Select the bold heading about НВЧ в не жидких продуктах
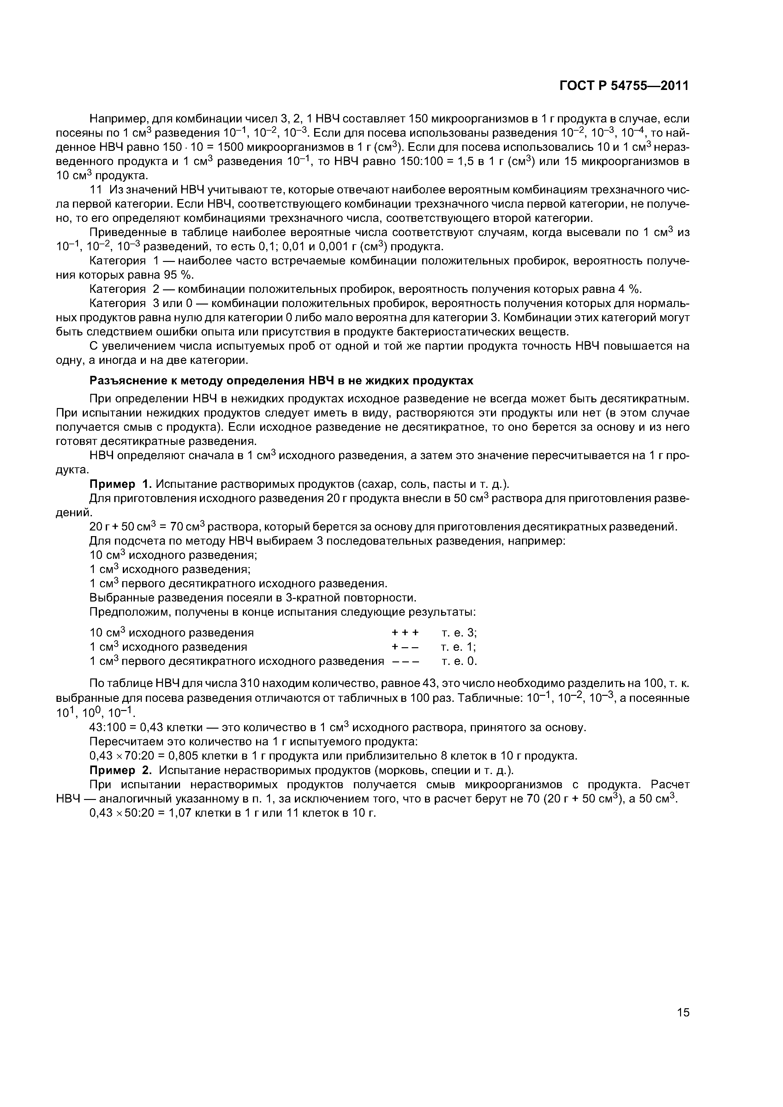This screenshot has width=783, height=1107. [282, 380]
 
